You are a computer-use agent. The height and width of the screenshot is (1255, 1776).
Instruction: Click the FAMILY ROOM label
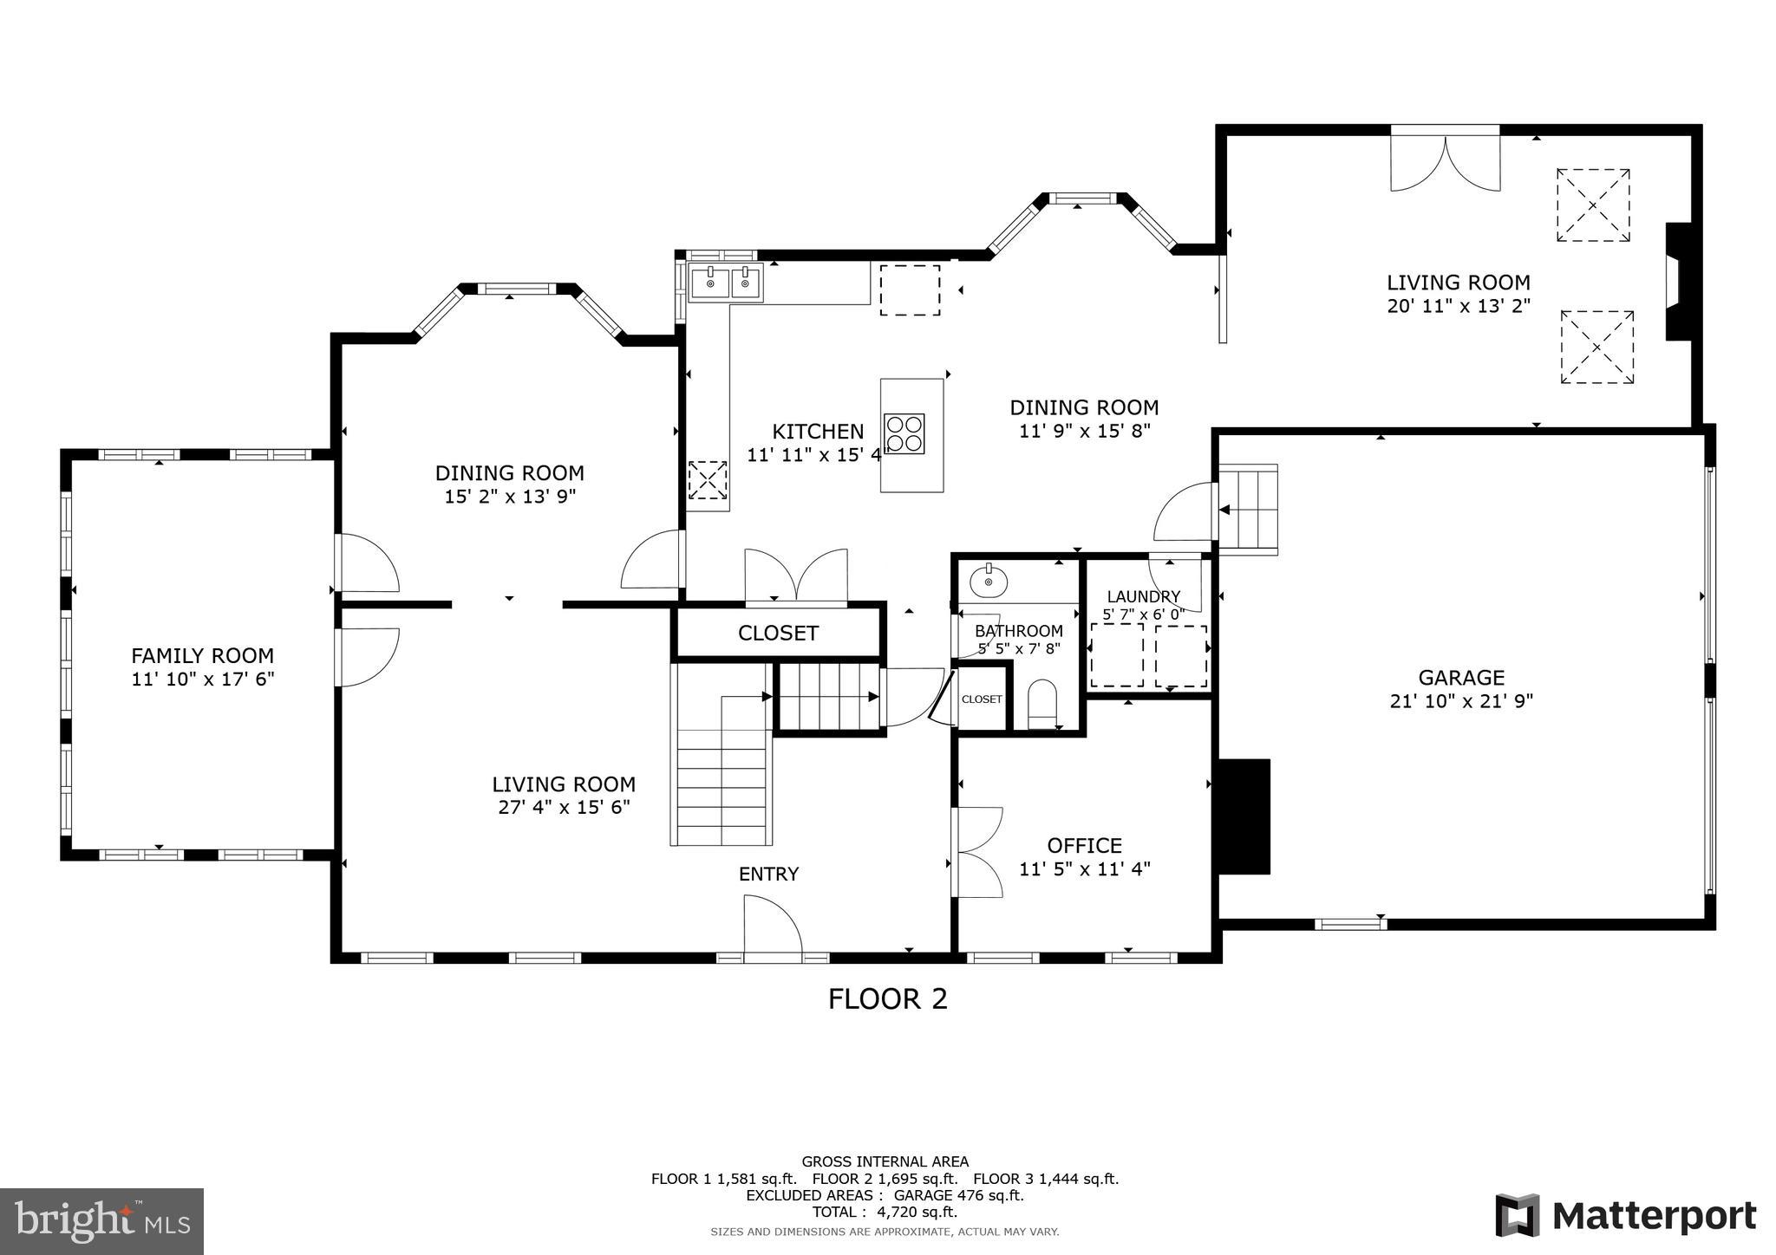202,656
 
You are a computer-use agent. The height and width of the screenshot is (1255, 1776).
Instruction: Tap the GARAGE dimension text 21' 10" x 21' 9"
1461,701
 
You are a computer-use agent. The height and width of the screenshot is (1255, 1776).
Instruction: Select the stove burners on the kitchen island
904,433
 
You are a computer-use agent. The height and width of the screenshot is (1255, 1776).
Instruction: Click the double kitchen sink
727,283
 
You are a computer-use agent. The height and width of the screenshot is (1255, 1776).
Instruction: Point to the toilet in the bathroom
1041,704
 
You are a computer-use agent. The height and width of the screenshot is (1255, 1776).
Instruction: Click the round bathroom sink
988,582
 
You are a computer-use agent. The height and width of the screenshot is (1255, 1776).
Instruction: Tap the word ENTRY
768,875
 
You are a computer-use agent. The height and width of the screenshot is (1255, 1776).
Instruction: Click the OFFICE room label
1084,845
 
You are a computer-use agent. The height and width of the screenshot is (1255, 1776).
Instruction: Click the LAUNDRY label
1143,596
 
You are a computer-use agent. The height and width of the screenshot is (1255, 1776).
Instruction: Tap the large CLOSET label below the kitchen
778,634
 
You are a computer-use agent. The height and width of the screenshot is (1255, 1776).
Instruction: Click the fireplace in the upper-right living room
1678,283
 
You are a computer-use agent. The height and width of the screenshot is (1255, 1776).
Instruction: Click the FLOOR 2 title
887,999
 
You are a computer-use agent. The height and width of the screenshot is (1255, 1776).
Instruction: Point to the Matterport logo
1626,1216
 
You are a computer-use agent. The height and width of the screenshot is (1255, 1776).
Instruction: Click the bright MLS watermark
102,1221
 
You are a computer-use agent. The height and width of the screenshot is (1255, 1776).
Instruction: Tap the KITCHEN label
818,432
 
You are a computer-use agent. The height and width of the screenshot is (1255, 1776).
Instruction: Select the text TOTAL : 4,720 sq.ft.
885,1212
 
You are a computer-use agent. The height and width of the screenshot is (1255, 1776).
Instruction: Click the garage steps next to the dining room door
1249,509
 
